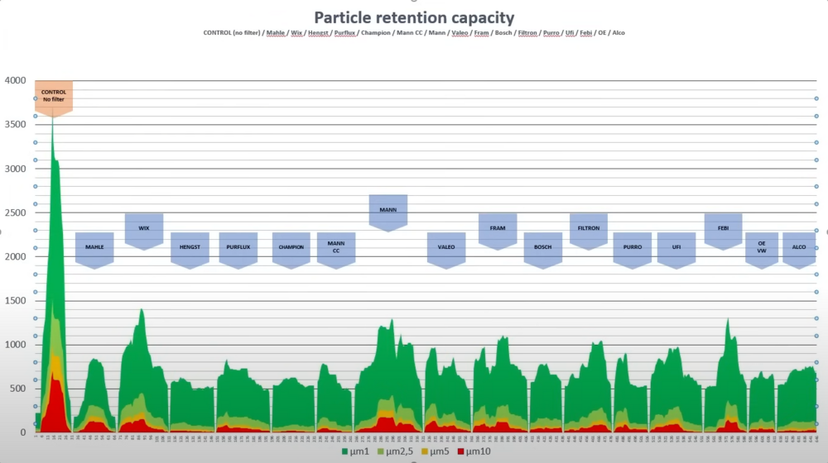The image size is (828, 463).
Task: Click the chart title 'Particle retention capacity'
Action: (x=413, y=17)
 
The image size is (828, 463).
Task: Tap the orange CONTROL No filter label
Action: (x=54, y=96)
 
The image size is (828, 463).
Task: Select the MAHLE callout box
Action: (x=94, y=247)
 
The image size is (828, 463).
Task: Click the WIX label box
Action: (x=144, y=228)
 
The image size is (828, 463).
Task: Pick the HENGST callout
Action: (x=190, y=247)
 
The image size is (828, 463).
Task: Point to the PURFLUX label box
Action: (x=238, y=247)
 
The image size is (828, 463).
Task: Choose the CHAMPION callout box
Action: (x=291, y=247)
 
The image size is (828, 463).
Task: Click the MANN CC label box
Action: (x=336, y=247)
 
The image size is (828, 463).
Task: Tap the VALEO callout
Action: (x=446, y=247)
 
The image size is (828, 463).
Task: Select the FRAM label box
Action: (x=498, y=228)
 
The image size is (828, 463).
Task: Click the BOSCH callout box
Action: (x=543, y=247)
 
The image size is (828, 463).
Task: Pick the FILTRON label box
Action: (x=589, y=228)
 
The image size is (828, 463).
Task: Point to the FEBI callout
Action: (x=723, y=228)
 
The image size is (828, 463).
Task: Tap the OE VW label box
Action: (x=762, y=247)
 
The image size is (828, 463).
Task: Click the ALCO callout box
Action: (x=799, y=247)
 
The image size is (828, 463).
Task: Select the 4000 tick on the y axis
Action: (x=15, y=80)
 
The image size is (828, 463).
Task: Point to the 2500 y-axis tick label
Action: (x=15, y=212)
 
